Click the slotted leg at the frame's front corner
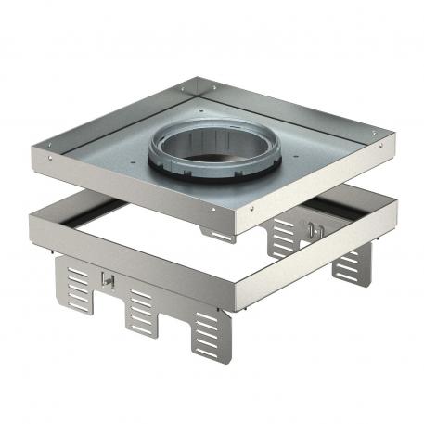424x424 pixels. pos(211,338)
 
